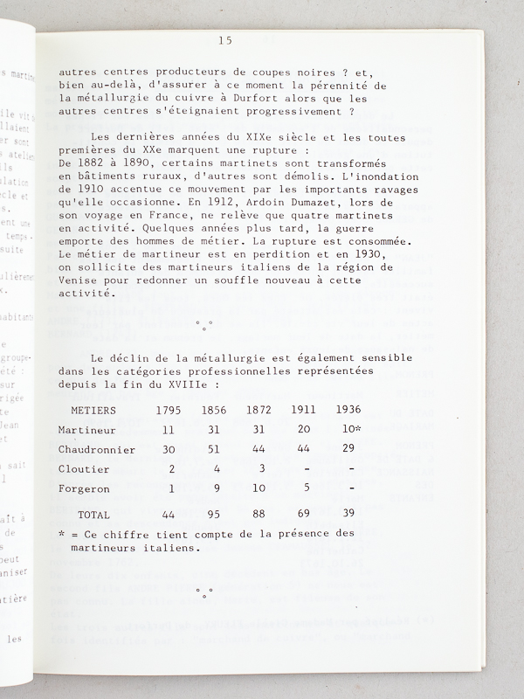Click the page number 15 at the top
click(226, 40)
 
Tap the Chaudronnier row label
click(96, 449)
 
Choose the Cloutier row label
click(85, 469)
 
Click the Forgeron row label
click(85, 489)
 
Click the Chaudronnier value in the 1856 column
click(213, 449)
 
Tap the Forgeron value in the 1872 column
click(259, 489)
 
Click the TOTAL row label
click(94, 516)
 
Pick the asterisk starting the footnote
click(61, 533)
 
